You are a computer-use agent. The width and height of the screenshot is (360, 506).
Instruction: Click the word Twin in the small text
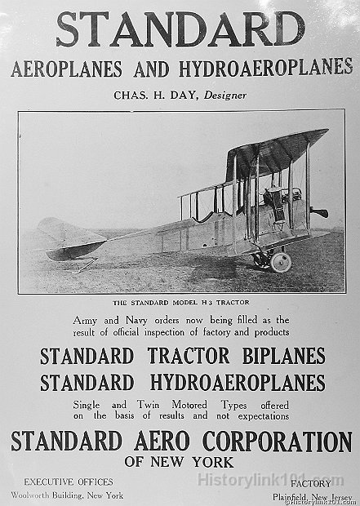(167, 405)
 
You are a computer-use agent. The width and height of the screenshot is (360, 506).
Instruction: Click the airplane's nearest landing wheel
(280, 261)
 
